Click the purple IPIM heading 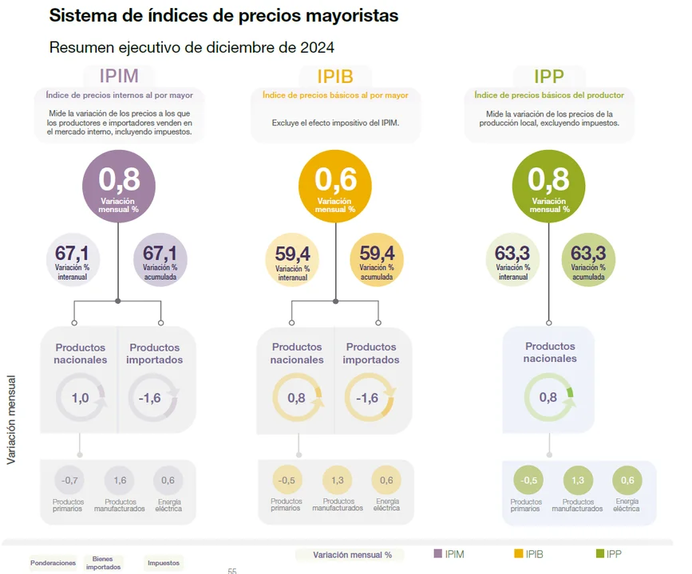[119, 77]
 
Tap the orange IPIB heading [335, 77]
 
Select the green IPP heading [549, 77]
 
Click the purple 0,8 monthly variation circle [119, 188]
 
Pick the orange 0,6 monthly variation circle [335, 188]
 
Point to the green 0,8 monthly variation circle [549, 188]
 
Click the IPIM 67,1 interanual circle [72, 259]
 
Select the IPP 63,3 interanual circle [512, 259]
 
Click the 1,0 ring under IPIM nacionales [81, 398]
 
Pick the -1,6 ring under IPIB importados [369, 398]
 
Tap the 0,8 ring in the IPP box [548, 397]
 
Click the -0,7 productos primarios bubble [69, 481]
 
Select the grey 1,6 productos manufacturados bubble [120, 481]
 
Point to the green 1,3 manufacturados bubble [579, 481]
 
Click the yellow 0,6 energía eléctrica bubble [386, 481]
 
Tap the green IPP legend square [601, 554]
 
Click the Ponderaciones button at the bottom [53, 563]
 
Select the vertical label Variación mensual [11, 420]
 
